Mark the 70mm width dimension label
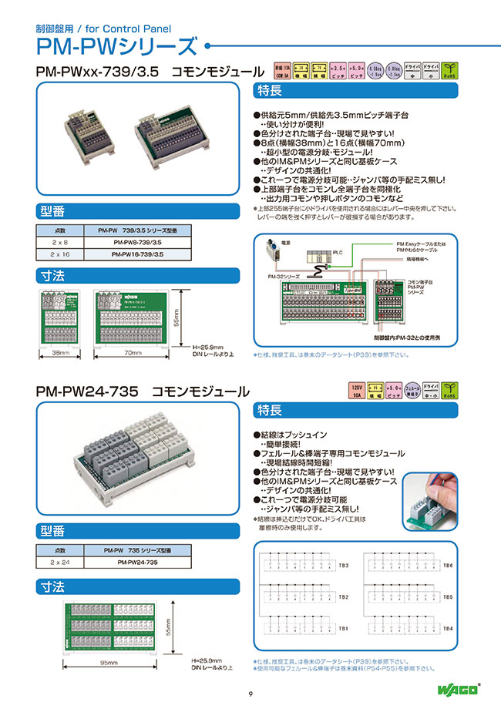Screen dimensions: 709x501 point(133,352)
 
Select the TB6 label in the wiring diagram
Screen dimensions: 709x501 point(448,566)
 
